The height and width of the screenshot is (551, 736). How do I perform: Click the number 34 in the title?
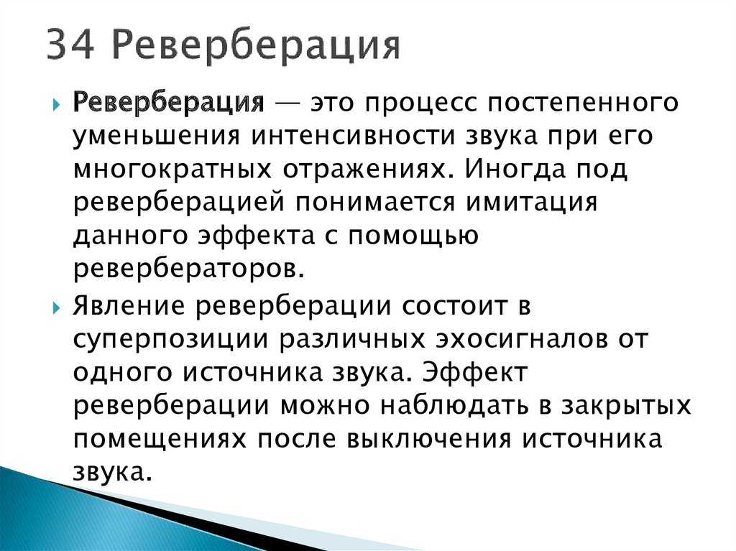(x=71, y=44)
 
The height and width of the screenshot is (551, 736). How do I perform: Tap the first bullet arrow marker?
(x=56, y=104)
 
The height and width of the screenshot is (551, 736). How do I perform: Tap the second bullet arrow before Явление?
(x=56, y=308)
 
